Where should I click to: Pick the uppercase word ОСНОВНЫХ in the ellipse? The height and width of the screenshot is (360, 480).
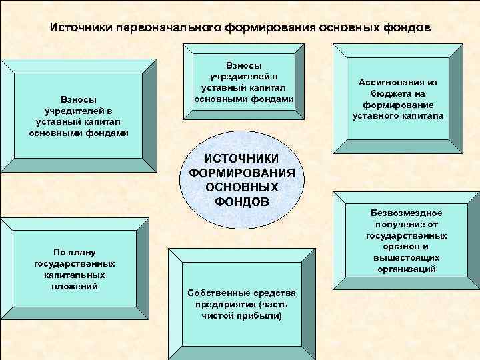pos(242,187)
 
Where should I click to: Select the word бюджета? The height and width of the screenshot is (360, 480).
pos(392,94)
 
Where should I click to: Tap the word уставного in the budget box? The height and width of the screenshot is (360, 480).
pos(377,115)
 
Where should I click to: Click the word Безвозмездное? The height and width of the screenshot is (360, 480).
pos(407,213)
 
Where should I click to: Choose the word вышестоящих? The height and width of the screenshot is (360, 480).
pos(406,258)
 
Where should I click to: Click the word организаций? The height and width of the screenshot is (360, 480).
pos(406,269)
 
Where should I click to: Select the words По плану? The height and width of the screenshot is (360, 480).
pos(75,252)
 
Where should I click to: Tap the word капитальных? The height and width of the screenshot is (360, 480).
pos(75,275)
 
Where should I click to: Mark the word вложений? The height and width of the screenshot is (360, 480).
pos(75,285)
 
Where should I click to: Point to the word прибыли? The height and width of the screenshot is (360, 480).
pos(263,315)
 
